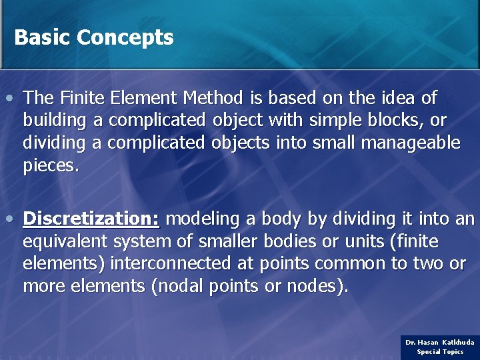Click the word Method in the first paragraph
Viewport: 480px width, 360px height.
click(214, 99)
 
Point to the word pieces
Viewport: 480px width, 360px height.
click(51, 166)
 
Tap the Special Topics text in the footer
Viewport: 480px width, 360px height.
click(440, 351)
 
